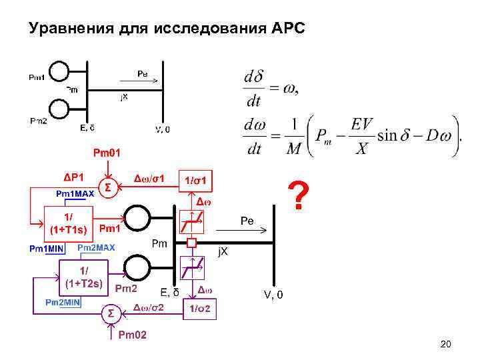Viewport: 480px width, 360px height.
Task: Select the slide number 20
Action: (x=446, y=344)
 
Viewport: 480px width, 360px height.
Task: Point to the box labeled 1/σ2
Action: (x=201, y=309)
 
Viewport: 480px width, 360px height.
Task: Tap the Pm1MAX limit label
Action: (x=75, y=194)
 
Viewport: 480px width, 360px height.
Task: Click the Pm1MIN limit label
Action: (x=46, y=248)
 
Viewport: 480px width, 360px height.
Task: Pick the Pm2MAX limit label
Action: (x=97, y=247)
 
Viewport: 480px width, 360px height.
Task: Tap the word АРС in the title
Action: (x=288, y=29)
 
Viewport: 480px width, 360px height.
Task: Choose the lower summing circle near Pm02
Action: (x=111, y=313)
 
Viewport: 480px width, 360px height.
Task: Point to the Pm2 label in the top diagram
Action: (x=39, y=120)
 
